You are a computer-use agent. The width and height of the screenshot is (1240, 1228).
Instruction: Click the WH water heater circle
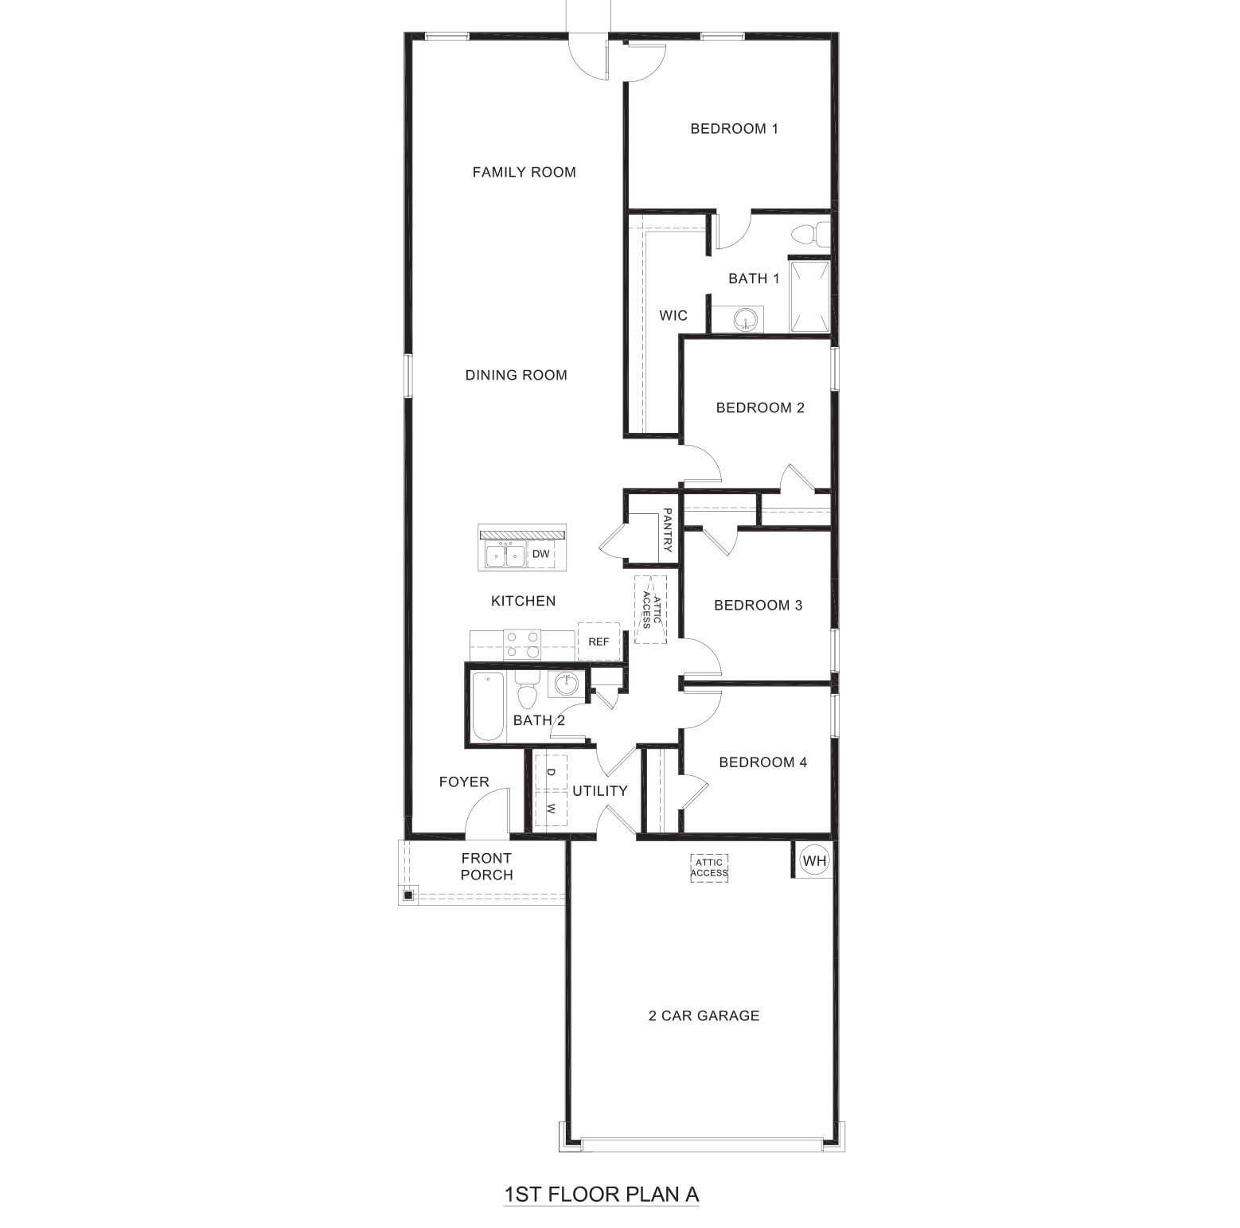tap(813, 860)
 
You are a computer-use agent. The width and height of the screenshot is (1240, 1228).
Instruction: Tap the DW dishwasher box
tap(541, 554)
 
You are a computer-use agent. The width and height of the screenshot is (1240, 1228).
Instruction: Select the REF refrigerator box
tap(599, 641)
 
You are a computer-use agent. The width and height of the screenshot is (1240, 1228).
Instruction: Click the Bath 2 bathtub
tap(487, 706)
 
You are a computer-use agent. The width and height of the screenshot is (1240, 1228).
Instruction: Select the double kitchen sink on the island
tap(503, 554)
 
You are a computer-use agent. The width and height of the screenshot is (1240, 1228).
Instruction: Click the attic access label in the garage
tap(709, 867)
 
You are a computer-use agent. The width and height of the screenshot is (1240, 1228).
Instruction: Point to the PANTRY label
tap(668, 531)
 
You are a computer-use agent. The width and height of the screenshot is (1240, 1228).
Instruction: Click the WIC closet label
tap(673, 316)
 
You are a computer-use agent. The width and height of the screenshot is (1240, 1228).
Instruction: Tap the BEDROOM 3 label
tap(758, 605)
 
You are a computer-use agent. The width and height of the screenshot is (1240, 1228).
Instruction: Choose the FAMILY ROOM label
tap(524, 172)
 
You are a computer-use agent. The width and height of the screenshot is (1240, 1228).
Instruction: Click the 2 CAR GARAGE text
tap(704, 1016)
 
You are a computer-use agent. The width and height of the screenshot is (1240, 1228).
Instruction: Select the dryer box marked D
tap(551, 771)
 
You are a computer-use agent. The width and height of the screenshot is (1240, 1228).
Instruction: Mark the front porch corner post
tap(408, 895)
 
